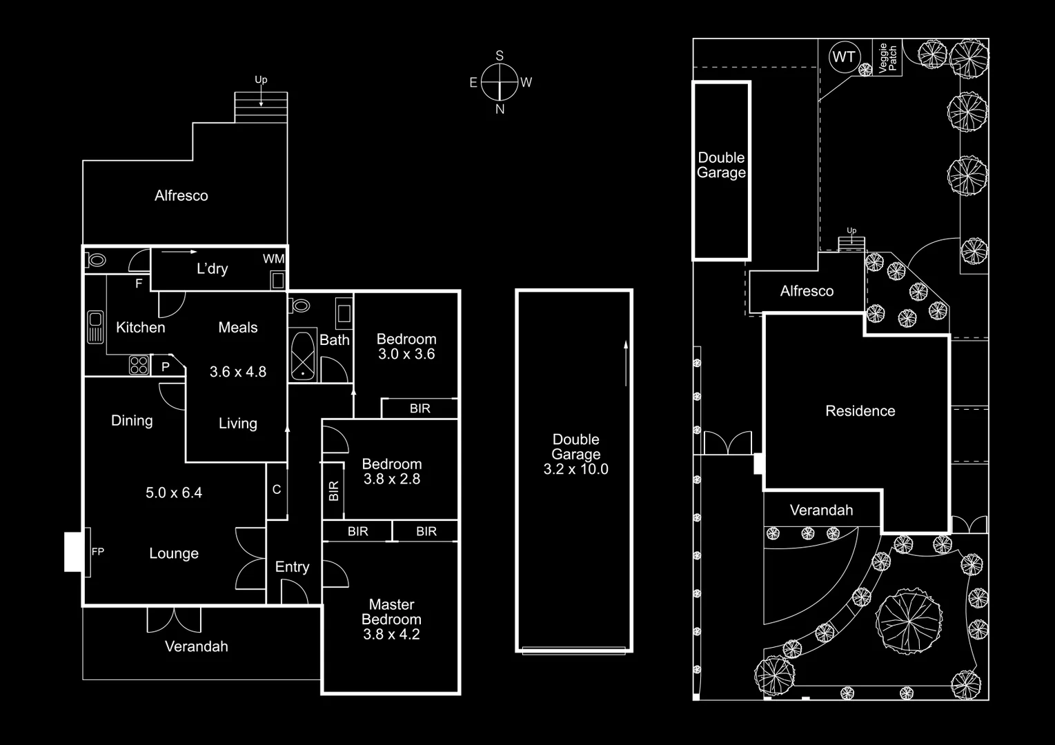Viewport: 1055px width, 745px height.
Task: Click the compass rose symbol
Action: tap(500, 82)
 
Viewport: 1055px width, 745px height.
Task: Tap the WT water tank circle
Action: tap(844, 57)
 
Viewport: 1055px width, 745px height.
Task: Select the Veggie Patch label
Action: tap(888, 58)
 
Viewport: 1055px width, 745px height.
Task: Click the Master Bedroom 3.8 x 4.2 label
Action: tap(391, 619)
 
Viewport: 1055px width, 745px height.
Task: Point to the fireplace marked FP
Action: tap(77, 551)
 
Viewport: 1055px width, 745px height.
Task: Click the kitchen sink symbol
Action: tap(95, 326)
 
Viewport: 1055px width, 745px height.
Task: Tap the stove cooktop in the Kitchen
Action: tap(139, 365)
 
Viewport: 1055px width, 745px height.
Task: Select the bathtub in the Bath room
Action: tap(302, 356)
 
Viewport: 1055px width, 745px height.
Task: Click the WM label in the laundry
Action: tap(273, 259)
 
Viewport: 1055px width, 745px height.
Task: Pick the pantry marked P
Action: tap(166, 367)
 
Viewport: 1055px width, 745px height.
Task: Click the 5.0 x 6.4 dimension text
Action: tap(174, 493)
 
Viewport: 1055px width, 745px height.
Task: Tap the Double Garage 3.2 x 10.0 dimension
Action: tap(575, 470)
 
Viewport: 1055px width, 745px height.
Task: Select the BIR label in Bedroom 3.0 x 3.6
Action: tap(420, 408)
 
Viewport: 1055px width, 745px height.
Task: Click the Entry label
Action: tap(292, 567)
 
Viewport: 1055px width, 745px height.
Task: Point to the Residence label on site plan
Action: tap(860, 411)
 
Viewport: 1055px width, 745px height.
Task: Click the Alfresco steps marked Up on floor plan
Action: tap(261, 107)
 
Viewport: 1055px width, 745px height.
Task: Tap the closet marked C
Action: tap(277, 490)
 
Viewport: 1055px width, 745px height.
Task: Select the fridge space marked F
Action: tap(139, 284)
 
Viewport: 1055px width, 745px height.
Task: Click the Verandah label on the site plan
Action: tap(821, 510)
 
